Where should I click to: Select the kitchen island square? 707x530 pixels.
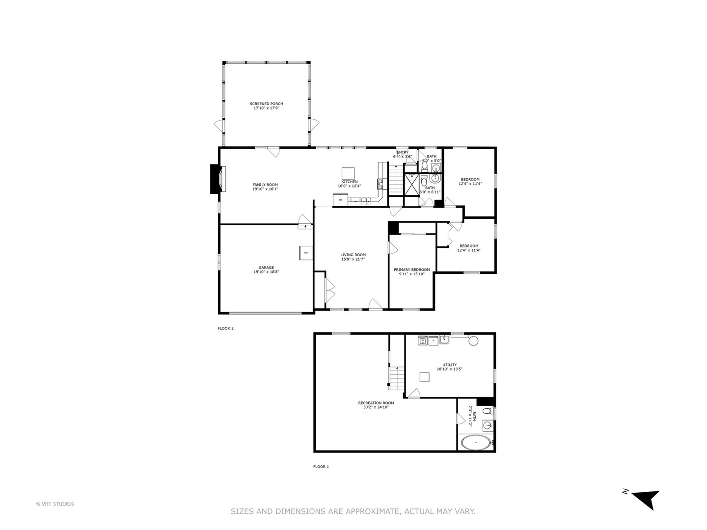click(349, 173)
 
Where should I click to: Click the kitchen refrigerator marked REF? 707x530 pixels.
click(340, 200)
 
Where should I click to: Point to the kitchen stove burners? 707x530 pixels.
click(380, 184)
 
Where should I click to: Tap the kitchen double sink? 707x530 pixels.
click(366, 201)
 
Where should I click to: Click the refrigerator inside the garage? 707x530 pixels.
click(305, 253)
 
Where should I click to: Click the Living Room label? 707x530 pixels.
click(353, 255)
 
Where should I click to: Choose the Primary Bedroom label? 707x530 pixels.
click(411, 269)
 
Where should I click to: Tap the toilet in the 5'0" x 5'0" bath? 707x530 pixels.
click(424, 167)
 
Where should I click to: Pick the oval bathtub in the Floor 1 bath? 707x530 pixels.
click(475, 443)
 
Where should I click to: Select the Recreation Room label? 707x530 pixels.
click(376, 403)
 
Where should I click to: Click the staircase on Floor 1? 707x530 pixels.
click(396, 377)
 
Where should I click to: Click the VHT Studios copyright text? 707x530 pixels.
click(55, 503)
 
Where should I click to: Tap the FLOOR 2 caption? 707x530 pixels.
click(225, 328)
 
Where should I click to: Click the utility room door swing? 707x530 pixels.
click(415, 393)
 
